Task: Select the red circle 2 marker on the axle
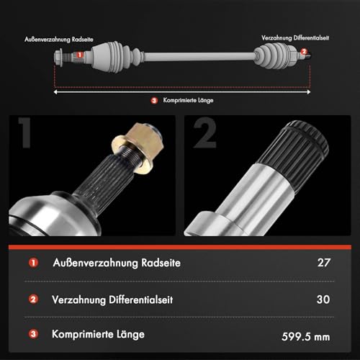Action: [x=304, y=52]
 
